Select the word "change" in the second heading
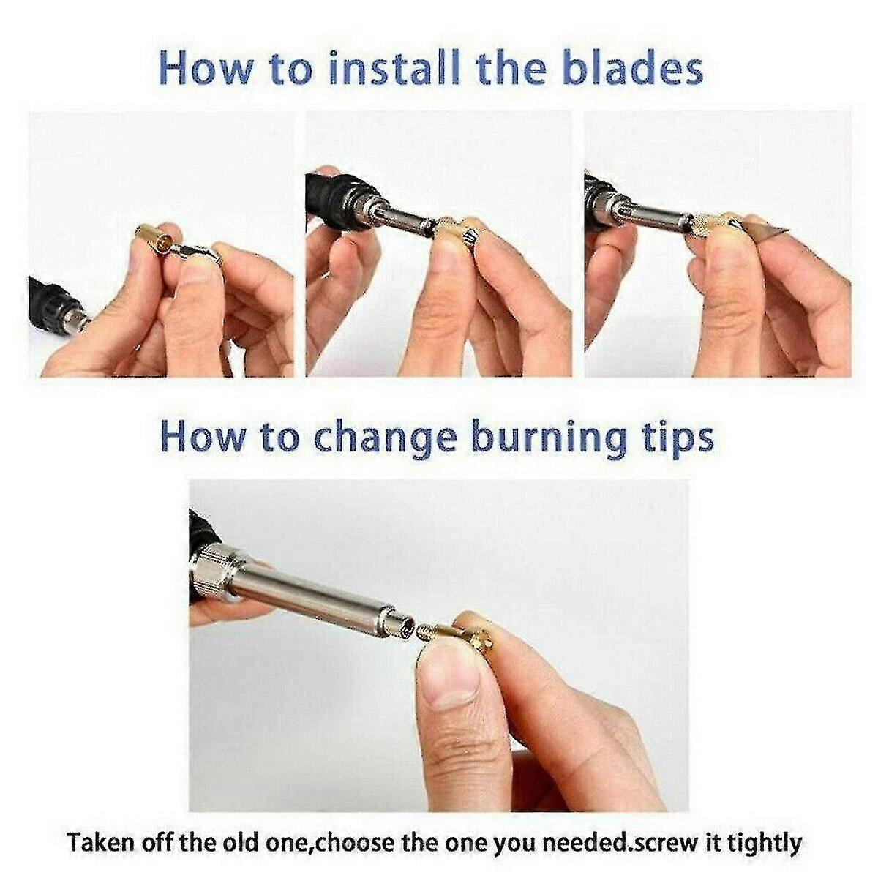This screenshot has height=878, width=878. coord(384,438)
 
